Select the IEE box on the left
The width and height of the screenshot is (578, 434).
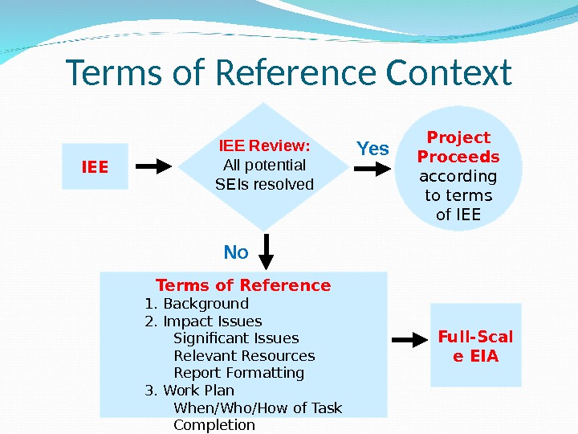click(x=96, y=167)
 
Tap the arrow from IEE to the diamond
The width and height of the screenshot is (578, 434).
click(x=153, y=166)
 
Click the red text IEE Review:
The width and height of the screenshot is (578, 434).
click(x=265, y=146)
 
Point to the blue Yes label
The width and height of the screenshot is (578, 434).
click(x=372, y=149)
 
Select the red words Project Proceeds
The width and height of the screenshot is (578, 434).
click(x=459, y=146)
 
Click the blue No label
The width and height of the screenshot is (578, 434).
click(x=236, y=252)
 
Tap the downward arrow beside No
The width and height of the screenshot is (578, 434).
click(x=267, y=251)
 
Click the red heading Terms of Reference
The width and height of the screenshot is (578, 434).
click(x=243, y=285)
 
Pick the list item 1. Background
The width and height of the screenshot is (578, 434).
click(x=197, y=304)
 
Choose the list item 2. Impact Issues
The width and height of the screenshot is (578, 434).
click(x=203, y=321)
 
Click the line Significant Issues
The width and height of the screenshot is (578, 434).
click(x=236, y=338)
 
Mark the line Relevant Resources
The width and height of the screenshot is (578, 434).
click(x=244, y=355)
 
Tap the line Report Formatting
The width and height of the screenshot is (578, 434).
click(x=238, y=373)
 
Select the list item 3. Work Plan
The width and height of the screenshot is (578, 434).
click(x=189, y=391)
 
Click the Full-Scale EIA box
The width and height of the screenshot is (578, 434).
click(x=476, y=346)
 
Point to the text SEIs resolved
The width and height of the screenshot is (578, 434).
click(x=265, y=185)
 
